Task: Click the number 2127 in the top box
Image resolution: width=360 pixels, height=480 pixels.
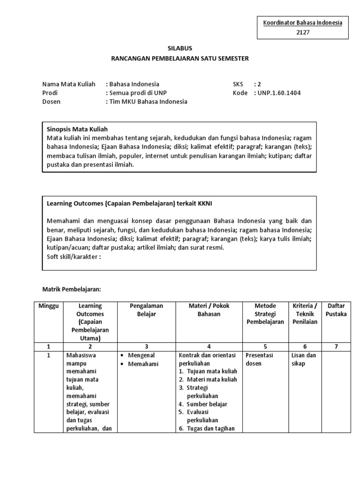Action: tap(303, 32)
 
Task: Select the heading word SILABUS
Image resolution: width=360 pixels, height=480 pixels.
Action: tap(180, 48)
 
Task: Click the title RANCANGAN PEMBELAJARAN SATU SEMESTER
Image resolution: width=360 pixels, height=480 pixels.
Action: tap(180, 59)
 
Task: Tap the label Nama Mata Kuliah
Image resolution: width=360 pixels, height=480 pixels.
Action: tap(68, 84)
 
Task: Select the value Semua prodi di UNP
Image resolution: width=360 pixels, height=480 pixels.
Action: tap(136, 93)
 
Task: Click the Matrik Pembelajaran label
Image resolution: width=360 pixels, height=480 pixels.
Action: tap(72, 290)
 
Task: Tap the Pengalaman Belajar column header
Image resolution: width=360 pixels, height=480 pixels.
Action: tap(146, 310)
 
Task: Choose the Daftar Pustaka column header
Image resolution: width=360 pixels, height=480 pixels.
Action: tap(336, 310)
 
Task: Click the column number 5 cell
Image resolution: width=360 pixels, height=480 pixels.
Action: tap(265, 346)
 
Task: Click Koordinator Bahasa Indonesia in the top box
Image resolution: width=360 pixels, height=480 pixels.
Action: tap(303, 22)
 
